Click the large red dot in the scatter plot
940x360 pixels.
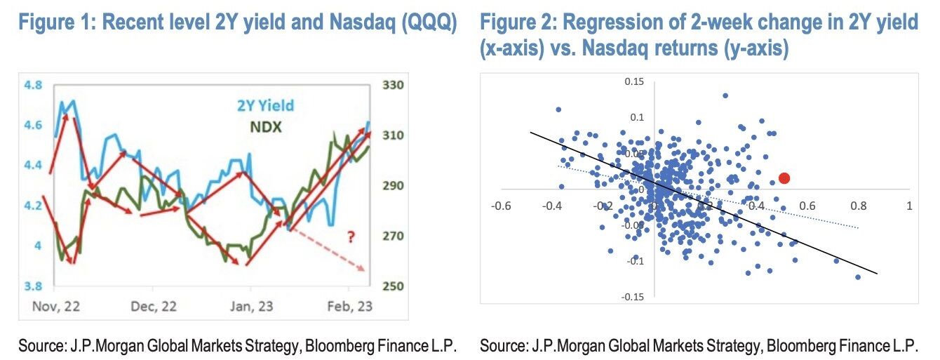(784, 178)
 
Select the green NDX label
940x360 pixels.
(266, 128)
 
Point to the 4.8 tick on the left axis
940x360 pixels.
(34, 86)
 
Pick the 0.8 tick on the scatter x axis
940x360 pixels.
(858, 206)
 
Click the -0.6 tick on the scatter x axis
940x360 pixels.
(501, 206)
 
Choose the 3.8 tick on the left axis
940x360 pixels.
(34, 286)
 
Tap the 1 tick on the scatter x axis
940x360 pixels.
(909, 206)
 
